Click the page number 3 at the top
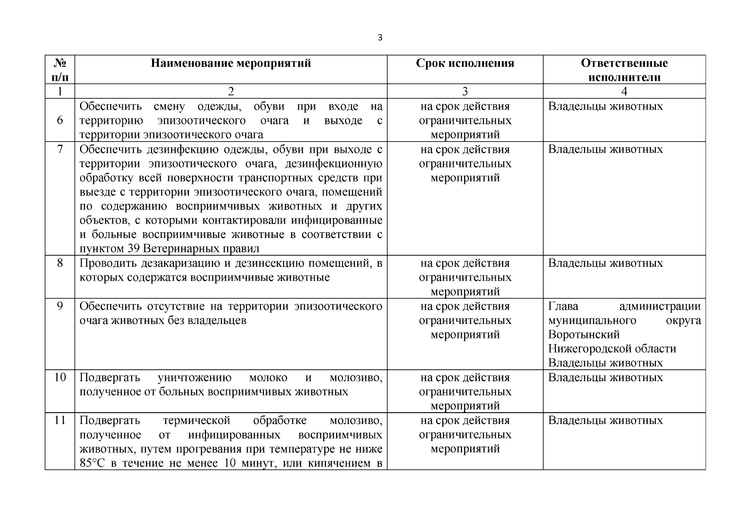pos(380,38)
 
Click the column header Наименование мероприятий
pos(231,63)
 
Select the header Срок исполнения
pos(465,63)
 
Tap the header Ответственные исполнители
pos(624,70)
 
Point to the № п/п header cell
pos(60,70)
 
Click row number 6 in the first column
pos(60,120)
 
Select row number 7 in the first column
pos(60,149)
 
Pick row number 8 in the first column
pos(60,263)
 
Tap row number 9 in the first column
pos(60,306)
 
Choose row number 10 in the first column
pos(60,377)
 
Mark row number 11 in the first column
pos(60,420)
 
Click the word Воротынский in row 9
pos(584,334)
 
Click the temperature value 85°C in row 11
pos(92,463)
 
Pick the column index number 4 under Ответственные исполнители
pos(624,91)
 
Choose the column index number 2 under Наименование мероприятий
pos(231,91)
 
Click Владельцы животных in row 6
pos(605,106)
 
